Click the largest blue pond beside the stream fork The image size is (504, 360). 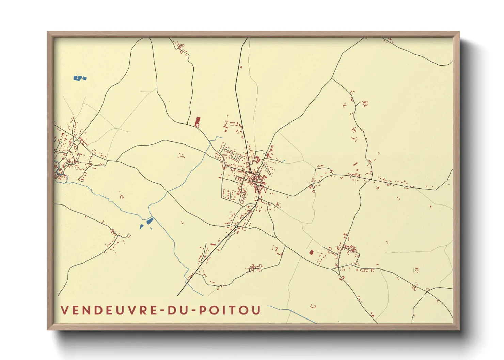point(149,221)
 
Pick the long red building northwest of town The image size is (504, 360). point(197,121)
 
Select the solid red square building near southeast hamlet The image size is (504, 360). point(311,252)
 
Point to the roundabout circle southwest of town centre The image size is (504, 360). point(236,227)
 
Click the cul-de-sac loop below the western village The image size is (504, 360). point(81,179)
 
